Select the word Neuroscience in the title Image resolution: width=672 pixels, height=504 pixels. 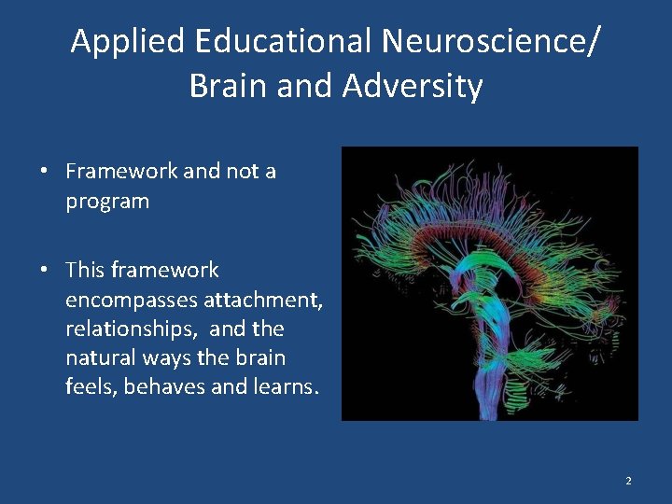click(483, 41)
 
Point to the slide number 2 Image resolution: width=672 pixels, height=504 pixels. click(628, 481)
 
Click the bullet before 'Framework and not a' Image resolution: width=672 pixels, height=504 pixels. click(44, 172)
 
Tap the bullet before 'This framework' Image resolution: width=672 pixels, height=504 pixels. click(44, 271)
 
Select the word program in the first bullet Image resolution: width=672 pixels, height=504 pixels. click(106, 202)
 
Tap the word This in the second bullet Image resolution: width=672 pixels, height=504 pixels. click(84, 271)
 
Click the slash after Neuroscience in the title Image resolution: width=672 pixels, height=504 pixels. click(595, 41)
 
